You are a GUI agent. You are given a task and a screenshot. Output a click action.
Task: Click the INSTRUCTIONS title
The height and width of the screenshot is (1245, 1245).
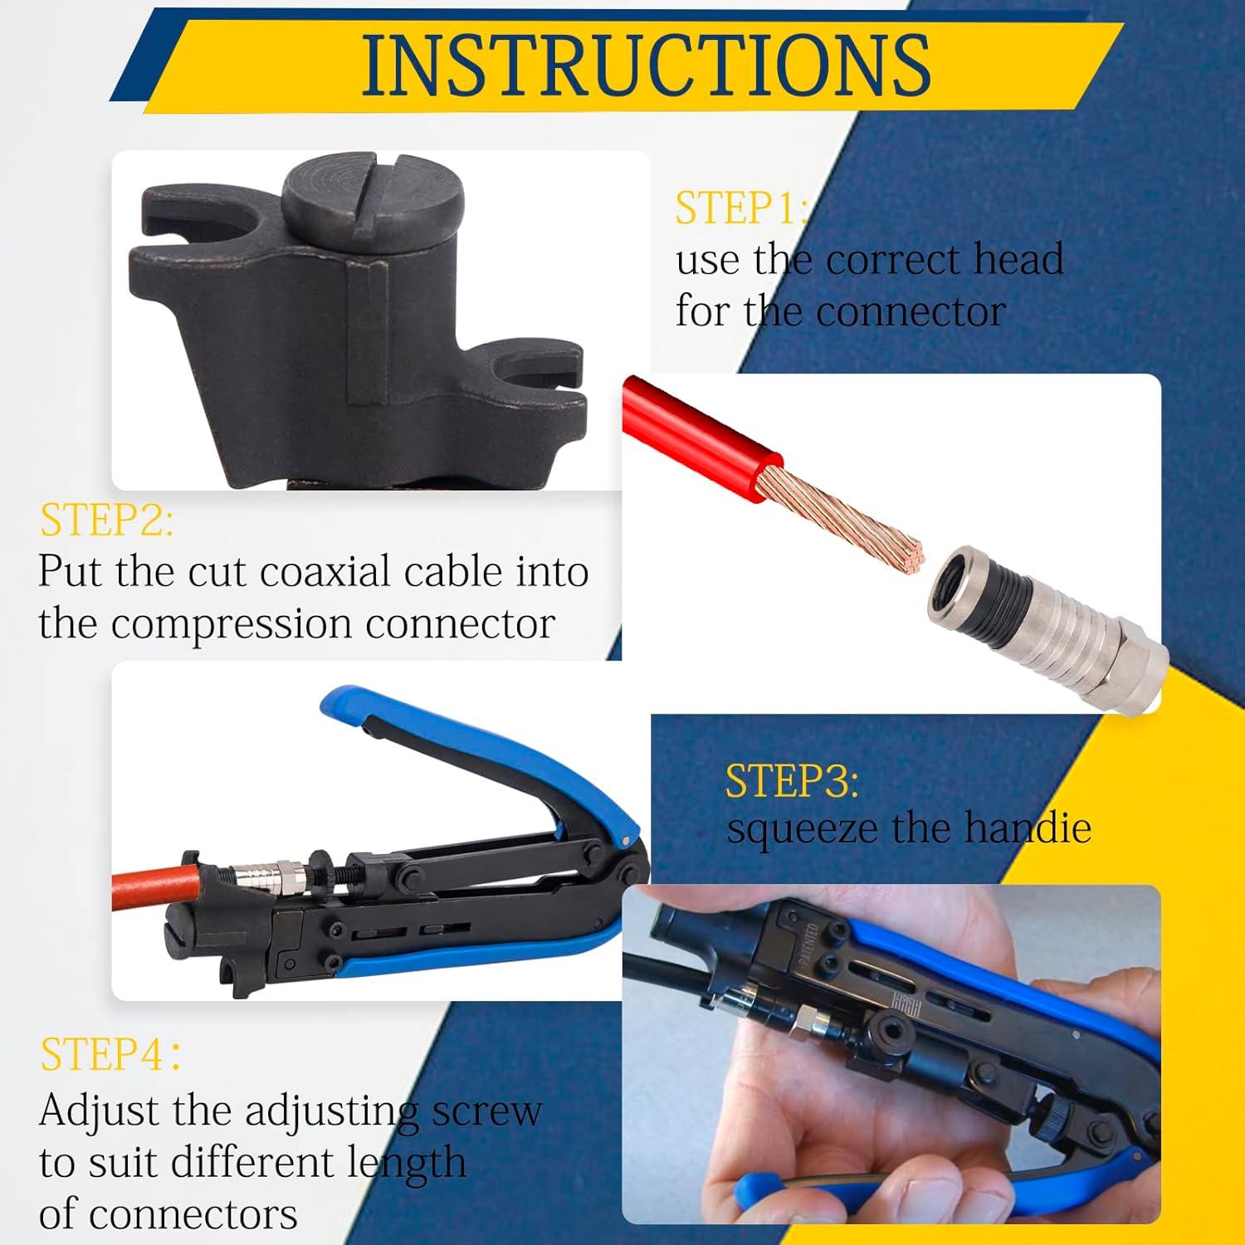point(646,65)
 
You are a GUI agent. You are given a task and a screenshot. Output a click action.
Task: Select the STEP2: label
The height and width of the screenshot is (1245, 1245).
point(106,520)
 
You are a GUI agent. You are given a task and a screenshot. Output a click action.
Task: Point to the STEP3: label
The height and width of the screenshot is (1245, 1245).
point(792,781)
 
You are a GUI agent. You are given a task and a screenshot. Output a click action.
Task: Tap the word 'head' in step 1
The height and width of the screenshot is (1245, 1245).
point(1018,260)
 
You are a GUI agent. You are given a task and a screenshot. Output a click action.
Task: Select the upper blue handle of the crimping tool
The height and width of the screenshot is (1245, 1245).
point(498,747)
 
